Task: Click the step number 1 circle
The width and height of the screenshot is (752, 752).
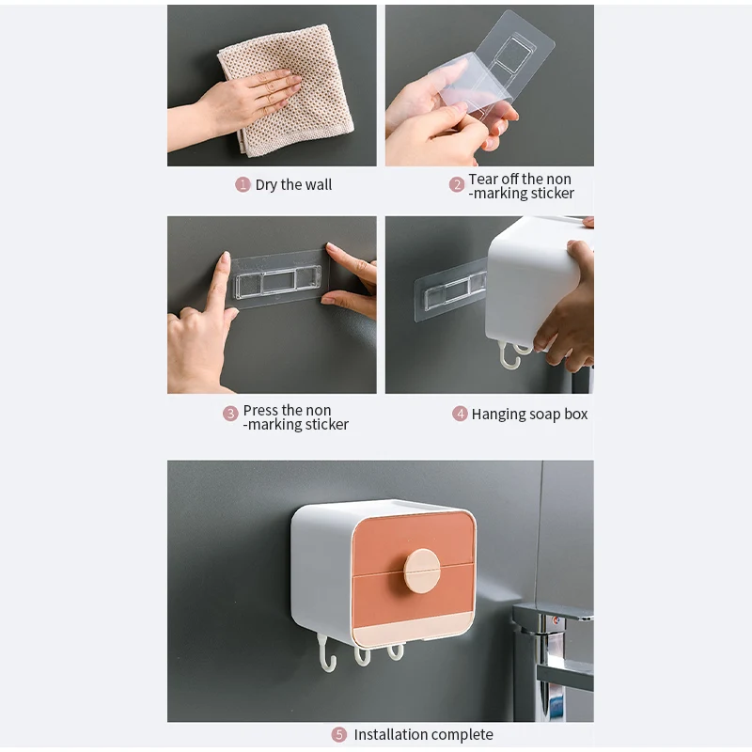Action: tap(243, 184)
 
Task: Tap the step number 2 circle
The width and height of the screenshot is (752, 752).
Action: tap(457, 184)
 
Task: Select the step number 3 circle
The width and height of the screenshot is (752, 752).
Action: tap(230, 414)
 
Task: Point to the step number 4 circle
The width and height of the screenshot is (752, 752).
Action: tap(460, 414)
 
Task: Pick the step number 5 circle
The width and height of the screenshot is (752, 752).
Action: tap(339, 734)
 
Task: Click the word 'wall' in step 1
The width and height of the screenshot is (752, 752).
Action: tap(318, 184)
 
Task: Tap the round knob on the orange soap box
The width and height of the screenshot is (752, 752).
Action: tap(421, 571)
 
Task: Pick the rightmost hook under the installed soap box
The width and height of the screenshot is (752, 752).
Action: tap(396, 651)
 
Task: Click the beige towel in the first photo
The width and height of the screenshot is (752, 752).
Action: tap(286, 90)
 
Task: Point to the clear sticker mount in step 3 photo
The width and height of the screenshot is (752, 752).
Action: tap(278, 280)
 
